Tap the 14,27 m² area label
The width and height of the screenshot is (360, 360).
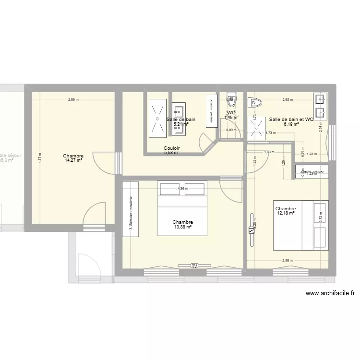pyautogui.click(x=73, y=161)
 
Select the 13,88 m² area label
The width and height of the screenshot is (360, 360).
pyautogui.click(x=183, y=228)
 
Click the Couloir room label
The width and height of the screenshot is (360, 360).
pyautogui.click(x=171, y=149)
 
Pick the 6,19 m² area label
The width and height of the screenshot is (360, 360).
pyautogui.click(x=291, y=124)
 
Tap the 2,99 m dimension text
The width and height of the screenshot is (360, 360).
pyautogui.click(x=73, y=100)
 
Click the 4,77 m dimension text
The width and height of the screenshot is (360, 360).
pyautogui.click(x=41, y=158)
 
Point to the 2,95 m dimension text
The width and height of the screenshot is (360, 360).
pyautogui.click(x=288, y=100)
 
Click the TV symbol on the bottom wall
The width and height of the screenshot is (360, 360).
pyautogui.click(x=194, y=265)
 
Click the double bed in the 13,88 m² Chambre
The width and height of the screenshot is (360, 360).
pyautogui.click(x=182, y=208)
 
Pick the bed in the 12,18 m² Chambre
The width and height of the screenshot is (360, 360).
pyautogui.click(x=301, y=225)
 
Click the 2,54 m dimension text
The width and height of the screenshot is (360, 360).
pyautogui.click(x=321, y=125)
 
